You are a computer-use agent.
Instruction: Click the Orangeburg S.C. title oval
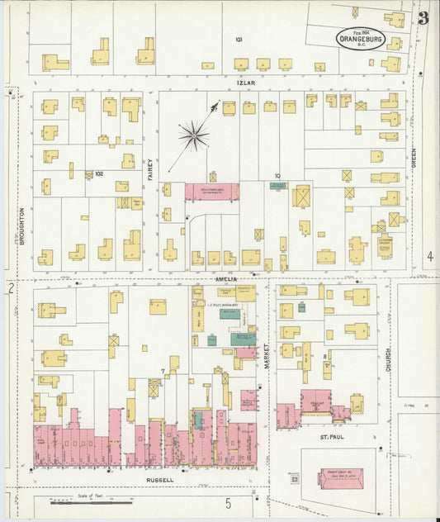359,38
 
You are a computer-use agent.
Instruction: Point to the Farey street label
151,168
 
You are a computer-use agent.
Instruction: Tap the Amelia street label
227,279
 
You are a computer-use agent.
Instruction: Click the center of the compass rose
194,135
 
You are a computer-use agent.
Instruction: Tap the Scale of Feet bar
91,501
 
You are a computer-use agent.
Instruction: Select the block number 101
239,40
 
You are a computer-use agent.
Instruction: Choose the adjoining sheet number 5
228,502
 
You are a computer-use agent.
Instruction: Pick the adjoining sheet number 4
429,257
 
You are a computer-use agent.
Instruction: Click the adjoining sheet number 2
11,288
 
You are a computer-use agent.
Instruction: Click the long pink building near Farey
211,192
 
